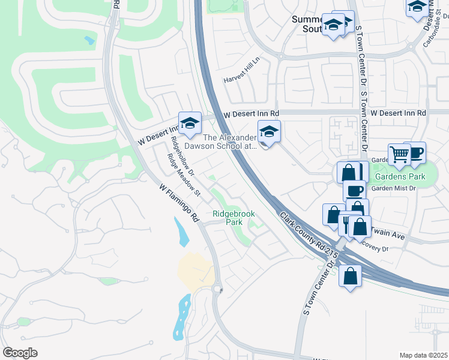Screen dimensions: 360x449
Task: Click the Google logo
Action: (x=20, y=353)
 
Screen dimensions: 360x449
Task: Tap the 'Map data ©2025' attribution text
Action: (x=423, y=355)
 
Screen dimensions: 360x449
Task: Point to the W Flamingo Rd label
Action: (x=179, y=204)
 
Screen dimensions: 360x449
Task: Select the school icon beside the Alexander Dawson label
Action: (x=269, y=133)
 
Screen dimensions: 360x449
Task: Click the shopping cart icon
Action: (x=399, y=154)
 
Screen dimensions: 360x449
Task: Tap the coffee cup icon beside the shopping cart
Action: (x=414, y=152)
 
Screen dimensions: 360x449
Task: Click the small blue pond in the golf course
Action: (x=90, y=41)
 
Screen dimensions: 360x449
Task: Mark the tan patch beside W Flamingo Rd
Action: (x=195, y=271)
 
